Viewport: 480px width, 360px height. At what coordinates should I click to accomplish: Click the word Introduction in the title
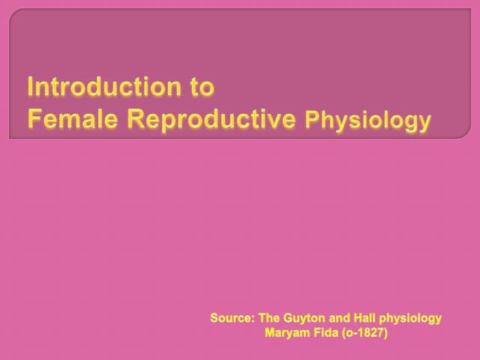point(104,87)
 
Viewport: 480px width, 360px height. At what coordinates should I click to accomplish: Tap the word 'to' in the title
point(202,88)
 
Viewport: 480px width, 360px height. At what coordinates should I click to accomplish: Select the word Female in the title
point(73,118)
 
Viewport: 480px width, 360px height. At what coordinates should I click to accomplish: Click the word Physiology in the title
point(368,120)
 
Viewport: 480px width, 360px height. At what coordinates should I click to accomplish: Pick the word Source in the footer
point(231,318)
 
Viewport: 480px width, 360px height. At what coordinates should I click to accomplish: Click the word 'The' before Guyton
point(269,318)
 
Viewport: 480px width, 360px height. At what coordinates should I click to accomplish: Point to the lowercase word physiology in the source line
point(410,319)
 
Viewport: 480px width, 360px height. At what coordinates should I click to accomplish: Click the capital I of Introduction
point(30,87)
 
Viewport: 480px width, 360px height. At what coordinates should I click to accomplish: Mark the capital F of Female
point(34,118)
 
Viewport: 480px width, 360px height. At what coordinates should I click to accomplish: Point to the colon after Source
point(253,319)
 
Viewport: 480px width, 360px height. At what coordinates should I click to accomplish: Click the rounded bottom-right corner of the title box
point(468,135)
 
